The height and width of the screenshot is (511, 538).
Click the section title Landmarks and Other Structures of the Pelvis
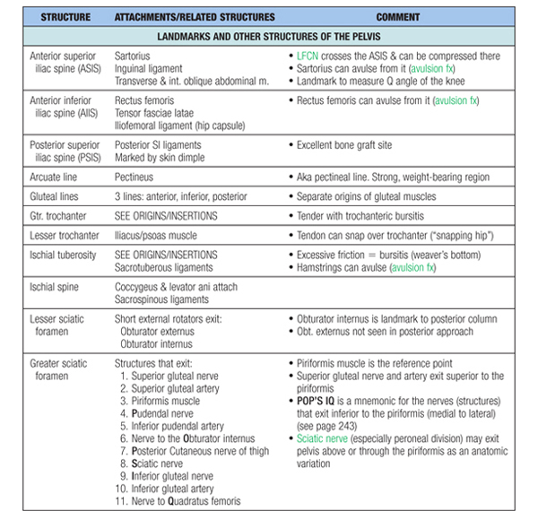[x=268, y=38]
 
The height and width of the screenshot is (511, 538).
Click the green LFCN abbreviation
[x=310, y=56]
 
